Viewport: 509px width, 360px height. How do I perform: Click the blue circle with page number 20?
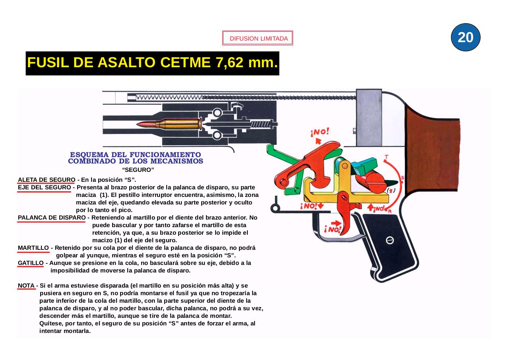pyautogui.click(x=466, y=37)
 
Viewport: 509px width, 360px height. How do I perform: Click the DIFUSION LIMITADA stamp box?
pyautogui.click(x=258, y=39)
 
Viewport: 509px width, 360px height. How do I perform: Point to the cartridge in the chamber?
pyautogui.click(x=171, y=124)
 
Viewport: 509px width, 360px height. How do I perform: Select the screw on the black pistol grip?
pyautogui.click(x=390, y=240)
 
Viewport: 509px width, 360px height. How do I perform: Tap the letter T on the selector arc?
pyautogui.click(x=386, y=157)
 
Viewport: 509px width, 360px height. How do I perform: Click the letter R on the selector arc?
pyautogui.click(x=390, y=211)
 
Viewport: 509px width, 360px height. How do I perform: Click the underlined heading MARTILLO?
pyautogui.click(x=33, y=248)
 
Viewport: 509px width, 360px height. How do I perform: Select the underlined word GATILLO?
pyautogui.click(x=31, y=263)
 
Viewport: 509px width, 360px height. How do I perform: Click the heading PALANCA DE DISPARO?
pyautogui.click(x=52, y=218)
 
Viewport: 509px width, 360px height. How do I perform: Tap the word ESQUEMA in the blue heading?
pyautogui.click(x=90, y=154)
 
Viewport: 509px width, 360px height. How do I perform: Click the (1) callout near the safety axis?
pyautogui.click(x=391, y=191)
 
